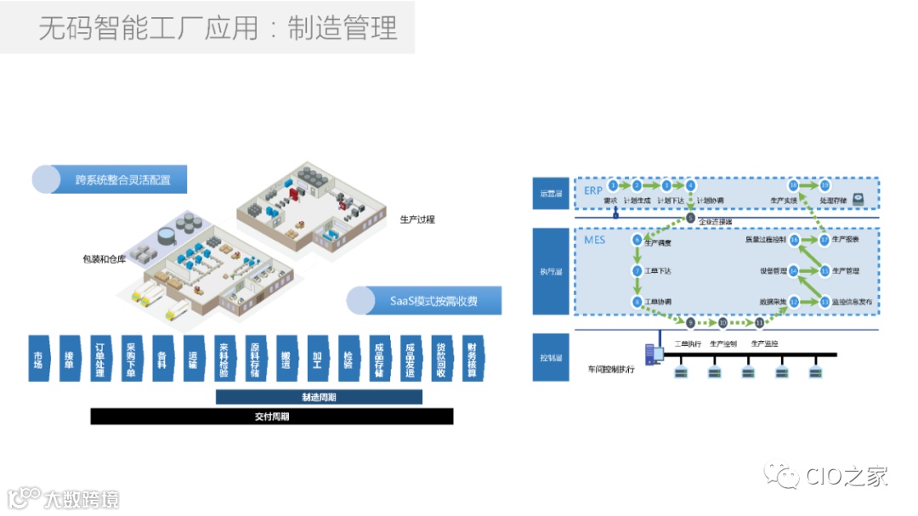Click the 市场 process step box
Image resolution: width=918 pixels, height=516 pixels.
point(37,359)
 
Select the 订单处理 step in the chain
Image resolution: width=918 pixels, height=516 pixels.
point(99,359)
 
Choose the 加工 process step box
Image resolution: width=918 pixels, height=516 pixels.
point(316,359)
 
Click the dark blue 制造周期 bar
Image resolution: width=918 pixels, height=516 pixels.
point(319,397)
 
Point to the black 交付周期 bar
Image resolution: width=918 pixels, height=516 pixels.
point(271,417)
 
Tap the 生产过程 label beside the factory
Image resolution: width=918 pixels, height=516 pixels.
point(417,219)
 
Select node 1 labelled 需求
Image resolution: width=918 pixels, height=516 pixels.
point(612,185)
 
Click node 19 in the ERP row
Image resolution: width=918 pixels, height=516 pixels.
point(824,185)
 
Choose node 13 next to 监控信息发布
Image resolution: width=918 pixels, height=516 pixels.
point(824,301)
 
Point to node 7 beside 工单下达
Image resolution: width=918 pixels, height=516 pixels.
point(637,271)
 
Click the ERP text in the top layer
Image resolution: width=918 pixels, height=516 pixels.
point(593,190)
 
